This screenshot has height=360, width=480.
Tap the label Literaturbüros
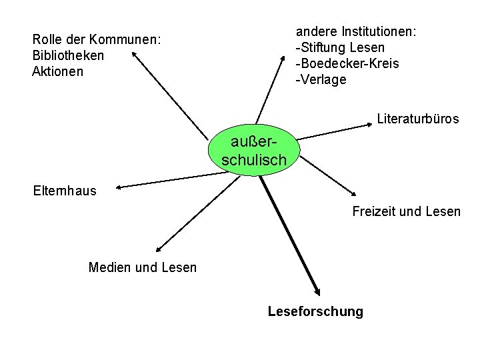pyautogui.click(x=417, y=119)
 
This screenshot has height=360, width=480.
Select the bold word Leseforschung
pyautogui.click(x=315, y=311)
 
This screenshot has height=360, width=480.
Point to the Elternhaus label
pyautogui.click(x=65, y=191)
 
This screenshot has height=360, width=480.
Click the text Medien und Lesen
pyautogui.click(x=143, y=267)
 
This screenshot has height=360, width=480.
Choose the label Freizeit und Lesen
pyautogui.click(x=406, y=211)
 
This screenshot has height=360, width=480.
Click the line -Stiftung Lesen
pyautogui.click(x=340, y=48)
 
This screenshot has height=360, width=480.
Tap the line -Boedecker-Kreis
pyautogui.click(x=347, y=64)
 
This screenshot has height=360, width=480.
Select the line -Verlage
pyautogui.click(x=321, y=80)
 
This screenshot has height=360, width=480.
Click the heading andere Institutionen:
pyautogui.click(x=356, y=32)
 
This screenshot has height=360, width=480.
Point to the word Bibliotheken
pyautogui.click(x=68, y=55)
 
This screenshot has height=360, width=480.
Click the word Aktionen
pyautogui.click(x=58, y=71)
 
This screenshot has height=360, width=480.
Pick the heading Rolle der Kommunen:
pyautogui.click(x=96, y=39)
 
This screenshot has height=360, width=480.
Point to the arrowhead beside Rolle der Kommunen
pyautogui.click(x=136, y=55)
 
